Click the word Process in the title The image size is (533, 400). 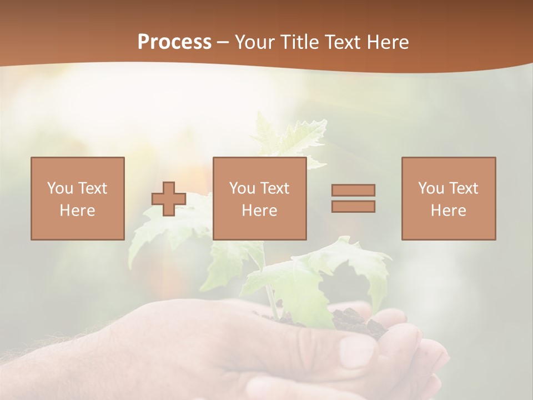click(174, 42)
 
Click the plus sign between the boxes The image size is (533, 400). click(169, 199)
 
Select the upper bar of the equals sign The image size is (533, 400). click(353, 190)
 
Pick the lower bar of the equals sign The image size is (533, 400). click(353, 206)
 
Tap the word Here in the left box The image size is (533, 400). click(77, 211)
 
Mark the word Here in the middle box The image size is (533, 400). click(259, 211)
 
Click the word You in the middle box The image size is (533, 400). click(243, 188)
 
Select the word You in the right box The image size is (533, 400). click(431, 188)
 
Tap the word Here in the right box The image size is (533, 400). click(448, 211)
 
